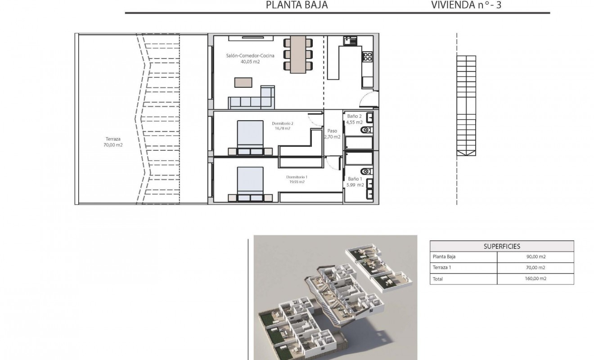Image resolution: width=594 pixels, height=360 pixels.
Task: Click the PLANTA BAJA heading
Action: coord(297,5)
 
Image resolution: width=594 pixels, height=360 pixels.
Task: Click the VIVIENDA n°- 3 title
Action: coord(466,5)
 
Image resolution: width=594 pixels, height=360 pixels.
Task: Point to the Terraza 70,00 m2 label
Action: coord(113,142)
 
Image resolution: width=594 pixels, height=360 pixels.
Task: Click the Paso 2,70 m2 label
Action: coord(332,134)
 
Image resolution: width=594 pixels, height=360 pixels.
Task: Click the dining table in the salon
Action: coord(298,54)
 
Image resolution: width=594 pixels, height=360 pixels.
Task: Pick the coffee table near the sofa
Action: coord(243,82)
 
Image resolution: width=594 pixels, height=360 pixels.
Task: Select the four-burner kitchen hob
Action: coord(368,57)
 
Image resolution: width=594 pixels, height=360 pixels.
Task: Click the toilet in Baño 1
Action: coord(365,171)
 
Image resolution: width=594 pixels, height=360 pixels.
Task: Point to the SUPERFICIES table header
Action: coord(502,246)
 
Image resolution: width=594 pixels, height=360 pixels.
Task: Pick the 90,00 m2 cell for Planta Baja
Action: coord(535,257)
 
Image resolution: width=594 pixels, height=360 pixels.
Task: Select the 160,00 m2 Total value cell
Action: coord(535,279)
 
